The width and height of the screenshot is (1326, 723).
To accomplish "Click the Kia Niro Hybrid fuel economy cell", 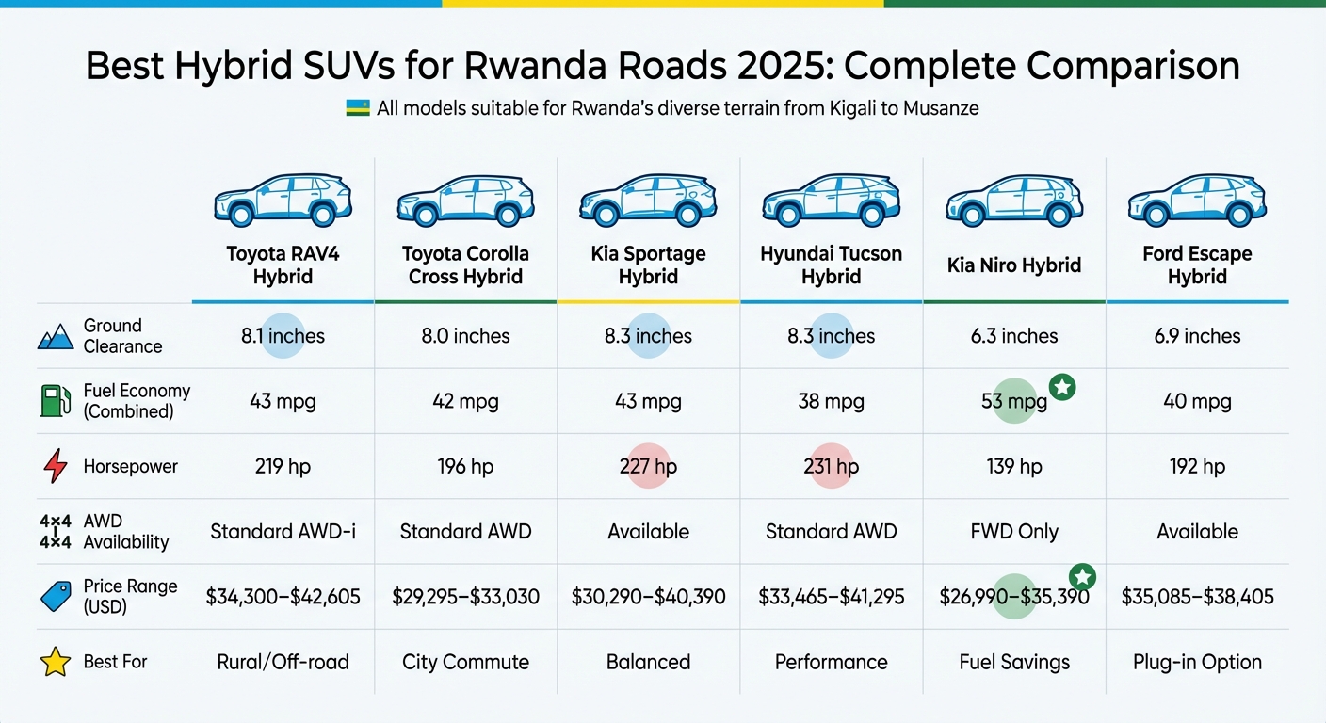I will [1014, 402].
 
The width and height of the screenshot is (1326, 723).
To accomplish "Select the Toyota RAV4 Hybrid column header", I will [283, 265].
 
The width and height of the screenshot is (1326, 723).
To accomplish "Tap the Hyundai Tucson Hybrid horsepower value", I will [831, 466].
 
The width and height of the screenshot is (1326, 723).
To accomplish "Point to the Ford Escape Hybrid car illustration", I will [1197, 201].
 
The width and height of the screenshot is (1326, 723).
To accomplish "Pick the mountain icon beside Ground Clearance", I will [56, 336].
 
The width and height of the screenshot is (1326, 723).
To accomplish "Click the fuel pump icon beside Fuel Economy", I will [56, 401].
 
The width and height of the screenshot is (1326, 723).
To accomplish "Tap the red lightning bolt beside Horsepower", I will [56, 466].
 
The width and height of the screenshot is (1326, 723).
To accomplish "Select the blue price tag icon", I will [56, 597].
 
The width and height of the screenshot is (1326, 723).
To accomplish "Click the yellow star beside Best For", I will [56, 662].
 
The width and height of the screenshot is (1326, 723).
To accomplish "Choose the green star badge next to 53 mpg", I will [1062, 386].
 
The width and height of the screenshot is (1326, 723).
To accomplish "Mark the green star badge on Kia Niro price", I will [1083, 576].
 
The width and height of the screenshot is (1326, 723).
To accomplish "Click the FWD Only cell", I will [1014, 532].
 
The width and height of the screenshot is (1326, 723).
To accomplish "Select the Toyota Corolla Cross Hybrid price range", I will [465, 597].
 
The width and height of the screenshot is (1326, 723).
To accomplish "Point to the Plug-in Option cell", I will [1197, 662].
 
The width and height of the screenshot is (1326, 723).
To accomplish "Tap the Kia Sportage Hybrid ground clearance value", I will [648, 336].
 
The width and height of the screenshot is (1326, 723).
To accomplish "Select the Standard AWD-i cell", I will [283, 532].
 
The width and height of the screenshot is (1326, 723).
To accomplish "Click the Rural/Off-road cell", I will [283, 662].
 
